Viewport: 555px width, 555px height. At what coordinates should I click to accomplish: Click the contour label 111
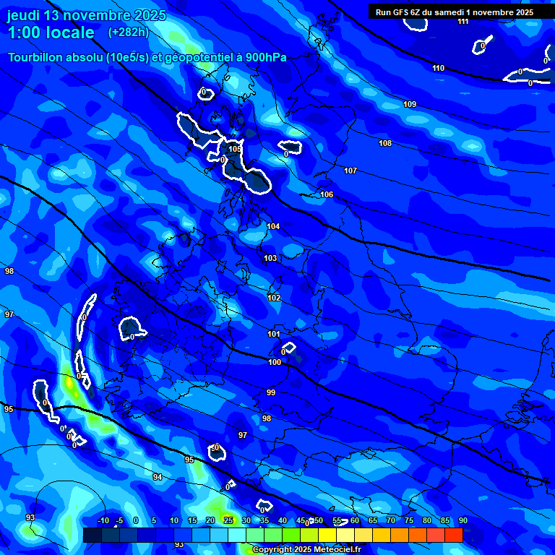(462, 21)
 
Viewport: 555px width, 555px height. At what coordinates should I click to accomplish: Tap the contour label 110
(439, 68)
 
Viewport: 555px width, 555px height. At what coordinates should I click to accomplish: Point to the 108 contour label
(385, 143)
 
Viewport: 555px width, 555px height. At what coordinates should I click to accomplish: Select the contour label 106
(327, 194)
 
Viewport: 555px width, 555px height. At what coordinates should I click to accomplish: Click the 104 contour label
(273, 226)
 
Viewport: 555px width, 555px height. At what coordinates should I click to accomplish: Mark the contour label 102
(274, 298)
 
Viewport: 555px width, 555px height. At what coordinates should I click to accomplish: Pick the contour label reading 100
(275, 362)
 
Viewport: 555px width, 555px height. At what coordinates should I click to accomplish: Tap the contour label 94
(158, 477)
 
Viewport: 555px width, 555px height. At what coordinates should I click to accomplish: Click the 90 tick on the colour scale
(462, 520)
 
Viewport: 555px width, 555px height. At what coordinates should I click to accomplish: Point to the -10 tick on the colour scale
(103, 520)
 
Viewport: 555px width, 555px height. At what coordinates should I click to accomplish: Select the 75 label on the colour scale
(408, 520)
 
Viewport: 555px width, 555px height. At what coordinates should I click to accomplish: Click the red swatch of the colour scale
(453, 535)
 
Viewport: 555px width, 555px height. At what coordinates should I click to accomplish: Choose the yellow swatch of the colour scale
(327, 535)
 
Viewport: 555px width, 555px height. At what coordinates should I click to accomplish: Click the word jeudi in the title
(23, 15)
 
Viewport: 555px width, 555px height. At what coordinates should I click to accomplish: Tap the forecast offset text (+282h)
(128, 32)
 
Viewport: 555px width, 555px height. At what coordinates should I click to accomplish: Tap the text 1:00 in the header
(27, 33)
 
